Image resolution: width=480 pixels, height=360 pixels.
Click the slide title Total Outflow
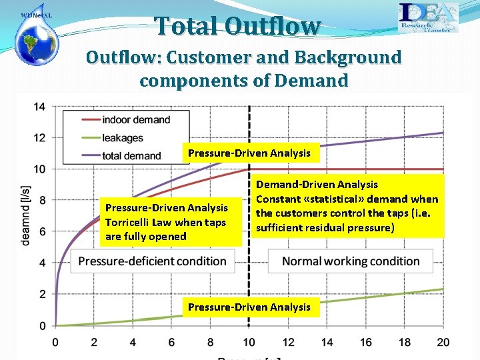(x=238, y=26)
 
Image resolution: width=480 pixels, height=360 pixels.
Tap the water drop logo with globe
(x=37, y=36)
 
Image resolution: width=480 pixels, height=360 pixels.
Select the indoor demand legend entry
(x=136, y=120)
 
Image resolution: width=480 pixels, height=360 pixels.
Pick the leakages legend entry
(x=123, y=138)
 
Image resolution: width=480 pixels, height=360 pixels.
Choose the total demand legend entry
(x=131, y=156)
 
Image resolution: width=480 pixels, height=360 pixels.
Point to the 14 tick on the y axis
(x=39, y=107)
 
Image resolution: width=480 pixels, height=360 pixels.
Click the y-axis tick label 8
(x=41, y=201)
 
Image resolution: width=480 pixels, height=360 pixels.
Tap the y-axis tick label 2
(x=41, y=295)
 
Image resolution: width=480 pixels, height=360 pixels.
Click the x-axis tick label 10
(x=249, y=342)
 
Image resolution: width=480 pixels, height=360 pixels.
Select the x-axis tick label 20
(x=443, y=342)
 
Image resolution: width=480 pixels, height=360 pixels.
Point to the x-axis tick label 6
(x=171, y=342)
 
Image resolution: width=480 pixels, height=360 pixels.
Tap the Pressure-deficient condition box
(x=153, y=261)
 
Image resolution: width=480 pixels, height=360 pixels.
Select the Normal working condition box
(x=351, y=261)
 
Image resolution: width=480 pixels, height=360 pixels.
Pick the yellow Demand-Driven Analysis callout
(x=347, y=206)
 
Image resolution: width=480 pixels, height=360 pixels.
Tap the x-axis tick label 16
(x=366, y=342)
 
